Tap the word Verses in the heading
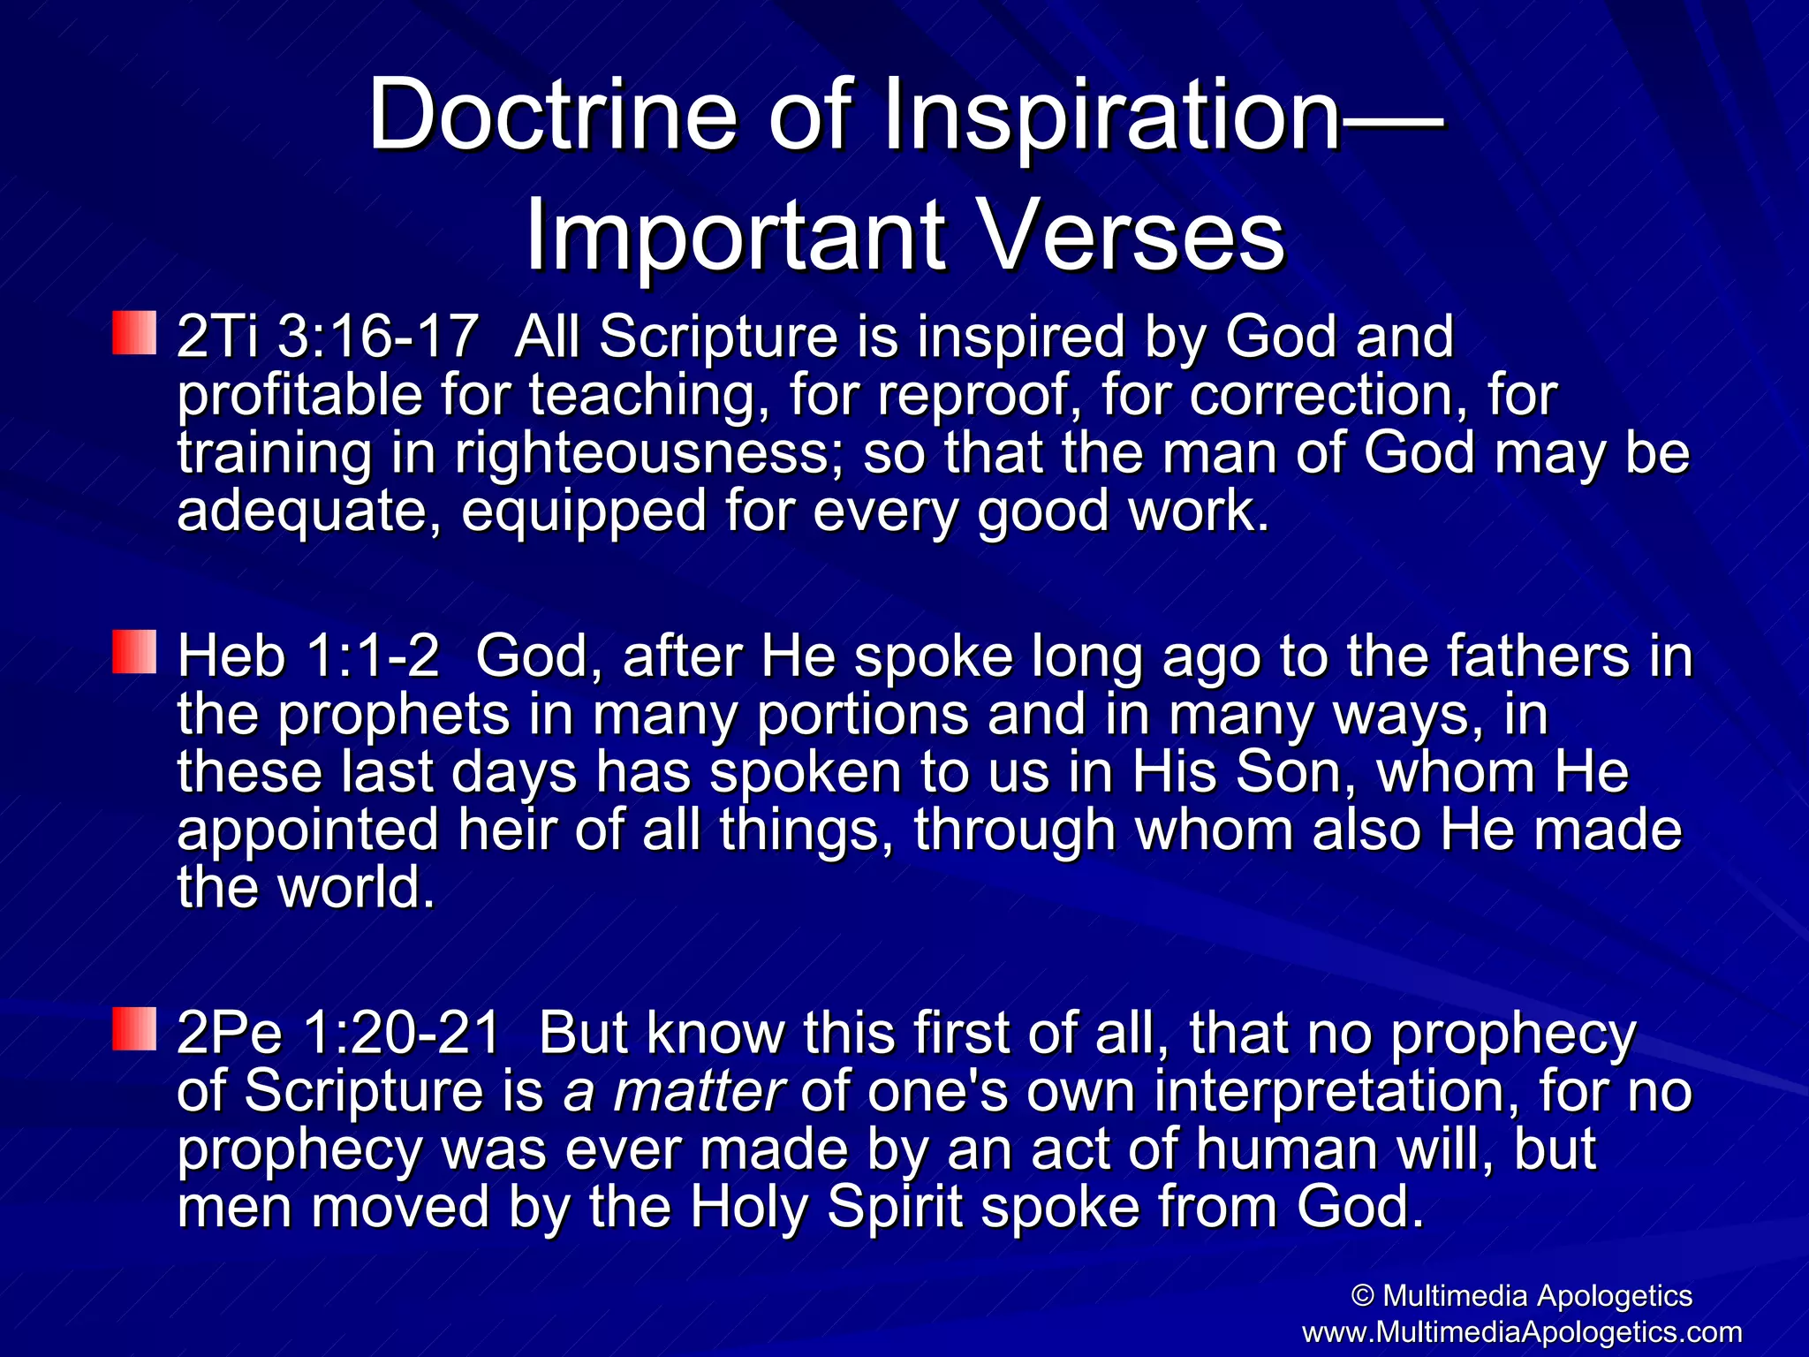coord(1132,237)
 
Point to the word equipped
coord(583,512)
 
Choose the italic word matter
coord(698,1091)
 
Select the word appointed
coord(307,830)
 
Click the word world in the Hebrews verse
coord(355,888)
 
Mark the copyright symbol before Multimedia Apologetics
coord(1363,1296)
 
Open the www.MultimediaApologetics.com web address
coord(1521,1331)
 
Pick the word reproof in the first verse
coord(973,396)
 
